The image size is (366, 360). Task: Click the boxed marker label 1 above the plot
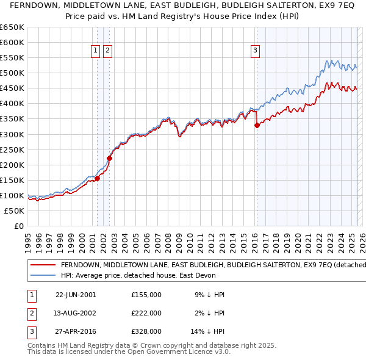tap(96, 51)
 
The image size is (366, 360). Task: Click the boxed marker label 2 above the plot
tap(107, 51)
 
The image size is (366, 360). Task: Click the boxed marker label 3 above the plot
tap(255, 51)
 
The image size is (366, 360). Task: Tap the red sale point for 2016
tap(257, 125)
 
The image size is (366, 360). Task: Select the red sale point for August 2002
tap(110, 158)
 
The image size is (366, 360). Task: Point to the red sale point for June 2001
tap(98, 179)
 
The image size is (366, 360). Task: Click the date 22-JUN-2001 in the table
tap(76, 295)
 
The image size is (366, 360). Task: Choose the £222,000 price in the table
tap(146, 314)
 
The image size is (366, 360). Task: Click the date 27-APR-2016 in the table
tap(76, 333)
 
